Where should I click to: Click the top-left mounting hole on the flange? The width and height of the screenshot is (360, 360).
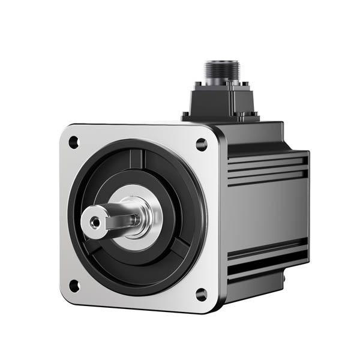[x=73, y=142]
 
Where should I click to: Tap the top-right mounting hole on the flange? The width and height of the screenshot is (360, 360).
[x=201, y=144]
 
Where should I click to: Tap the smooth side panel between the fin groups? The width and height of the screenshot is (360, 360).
[x=267, y=213]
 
